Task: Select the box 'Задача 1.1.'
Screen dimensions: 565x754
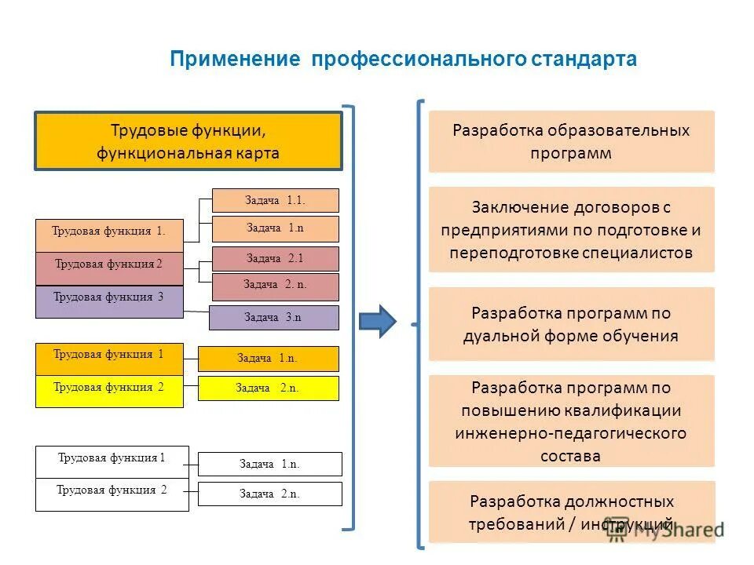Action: click(275, 200)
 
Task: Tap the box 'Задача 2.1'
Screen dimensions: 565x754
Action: click(275, 258)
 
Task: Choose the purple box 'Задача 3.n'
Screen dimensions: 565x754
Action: click(273, 317)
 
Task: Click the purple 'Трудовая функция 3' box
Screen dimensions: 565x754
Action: click(108, 301)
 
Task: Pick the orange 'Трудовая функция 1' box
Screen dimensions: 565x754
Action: click(108, 359)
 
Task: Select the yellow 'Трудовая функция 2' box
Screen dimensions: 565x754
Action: click(108, 391)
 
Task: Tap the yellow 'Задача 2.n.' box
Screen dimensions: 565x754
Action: click(268, 388)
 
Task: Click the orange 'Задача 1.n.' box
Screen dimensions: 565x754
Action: click(268, 359)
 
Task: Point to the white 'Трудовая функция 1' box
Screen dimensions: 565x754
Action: click(112, 461)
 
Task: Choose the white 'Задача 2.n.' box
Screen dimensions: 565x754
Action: click(269, 494)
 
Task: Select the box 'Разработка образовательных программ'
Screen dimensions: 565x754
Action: click(571, 141)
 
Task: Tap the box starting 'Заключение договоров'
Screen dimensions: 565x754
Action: click(571, 229)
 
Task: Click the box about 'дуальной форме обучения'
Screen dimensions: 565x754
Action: click(571, 324)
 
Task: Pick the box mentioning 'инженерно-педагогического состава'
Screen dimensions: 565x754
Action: click(571, 421)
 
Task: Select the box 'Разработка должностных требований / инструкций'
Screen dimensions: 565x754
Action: click(571, 512)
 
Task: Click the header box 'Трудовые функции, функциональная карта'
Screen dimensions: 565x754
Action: click(188, 141)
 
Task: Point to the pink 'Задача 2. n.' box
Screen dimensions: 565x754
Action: click(275, 286)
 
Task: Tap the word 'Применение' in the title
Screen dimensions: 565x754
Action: click(235, 60)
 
